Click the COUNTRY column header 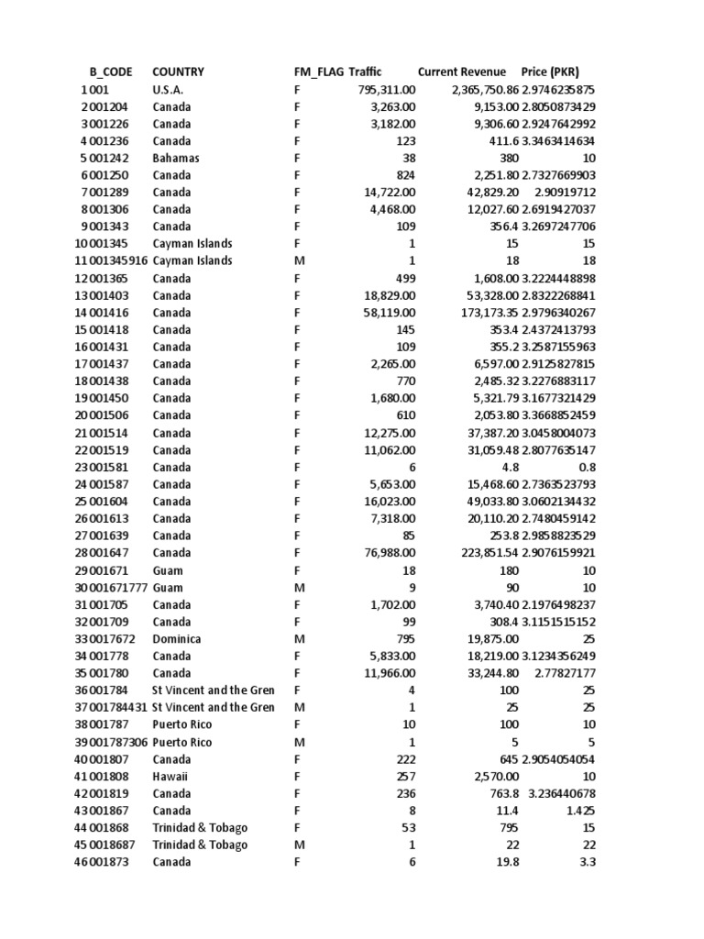178,72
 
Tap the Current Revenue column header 461,72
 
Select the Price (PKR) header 550,72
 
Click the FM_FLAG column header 312,72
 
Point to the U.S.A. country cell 168,90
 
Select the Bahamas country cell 176,158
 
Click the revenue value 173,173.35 486,313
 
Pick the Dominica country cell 177,639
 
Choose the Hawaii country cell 170,777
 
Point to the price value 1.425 580,811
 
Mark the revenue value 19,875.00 493,639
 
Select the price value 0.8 587,467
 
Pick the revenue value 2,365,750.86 485,90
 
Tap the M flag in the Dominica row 297,639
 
